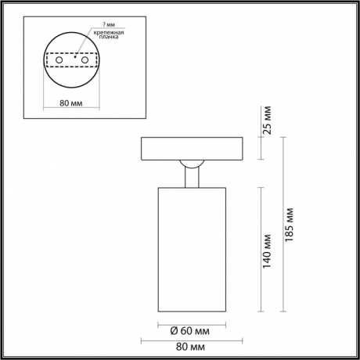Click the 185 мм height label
291,225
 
